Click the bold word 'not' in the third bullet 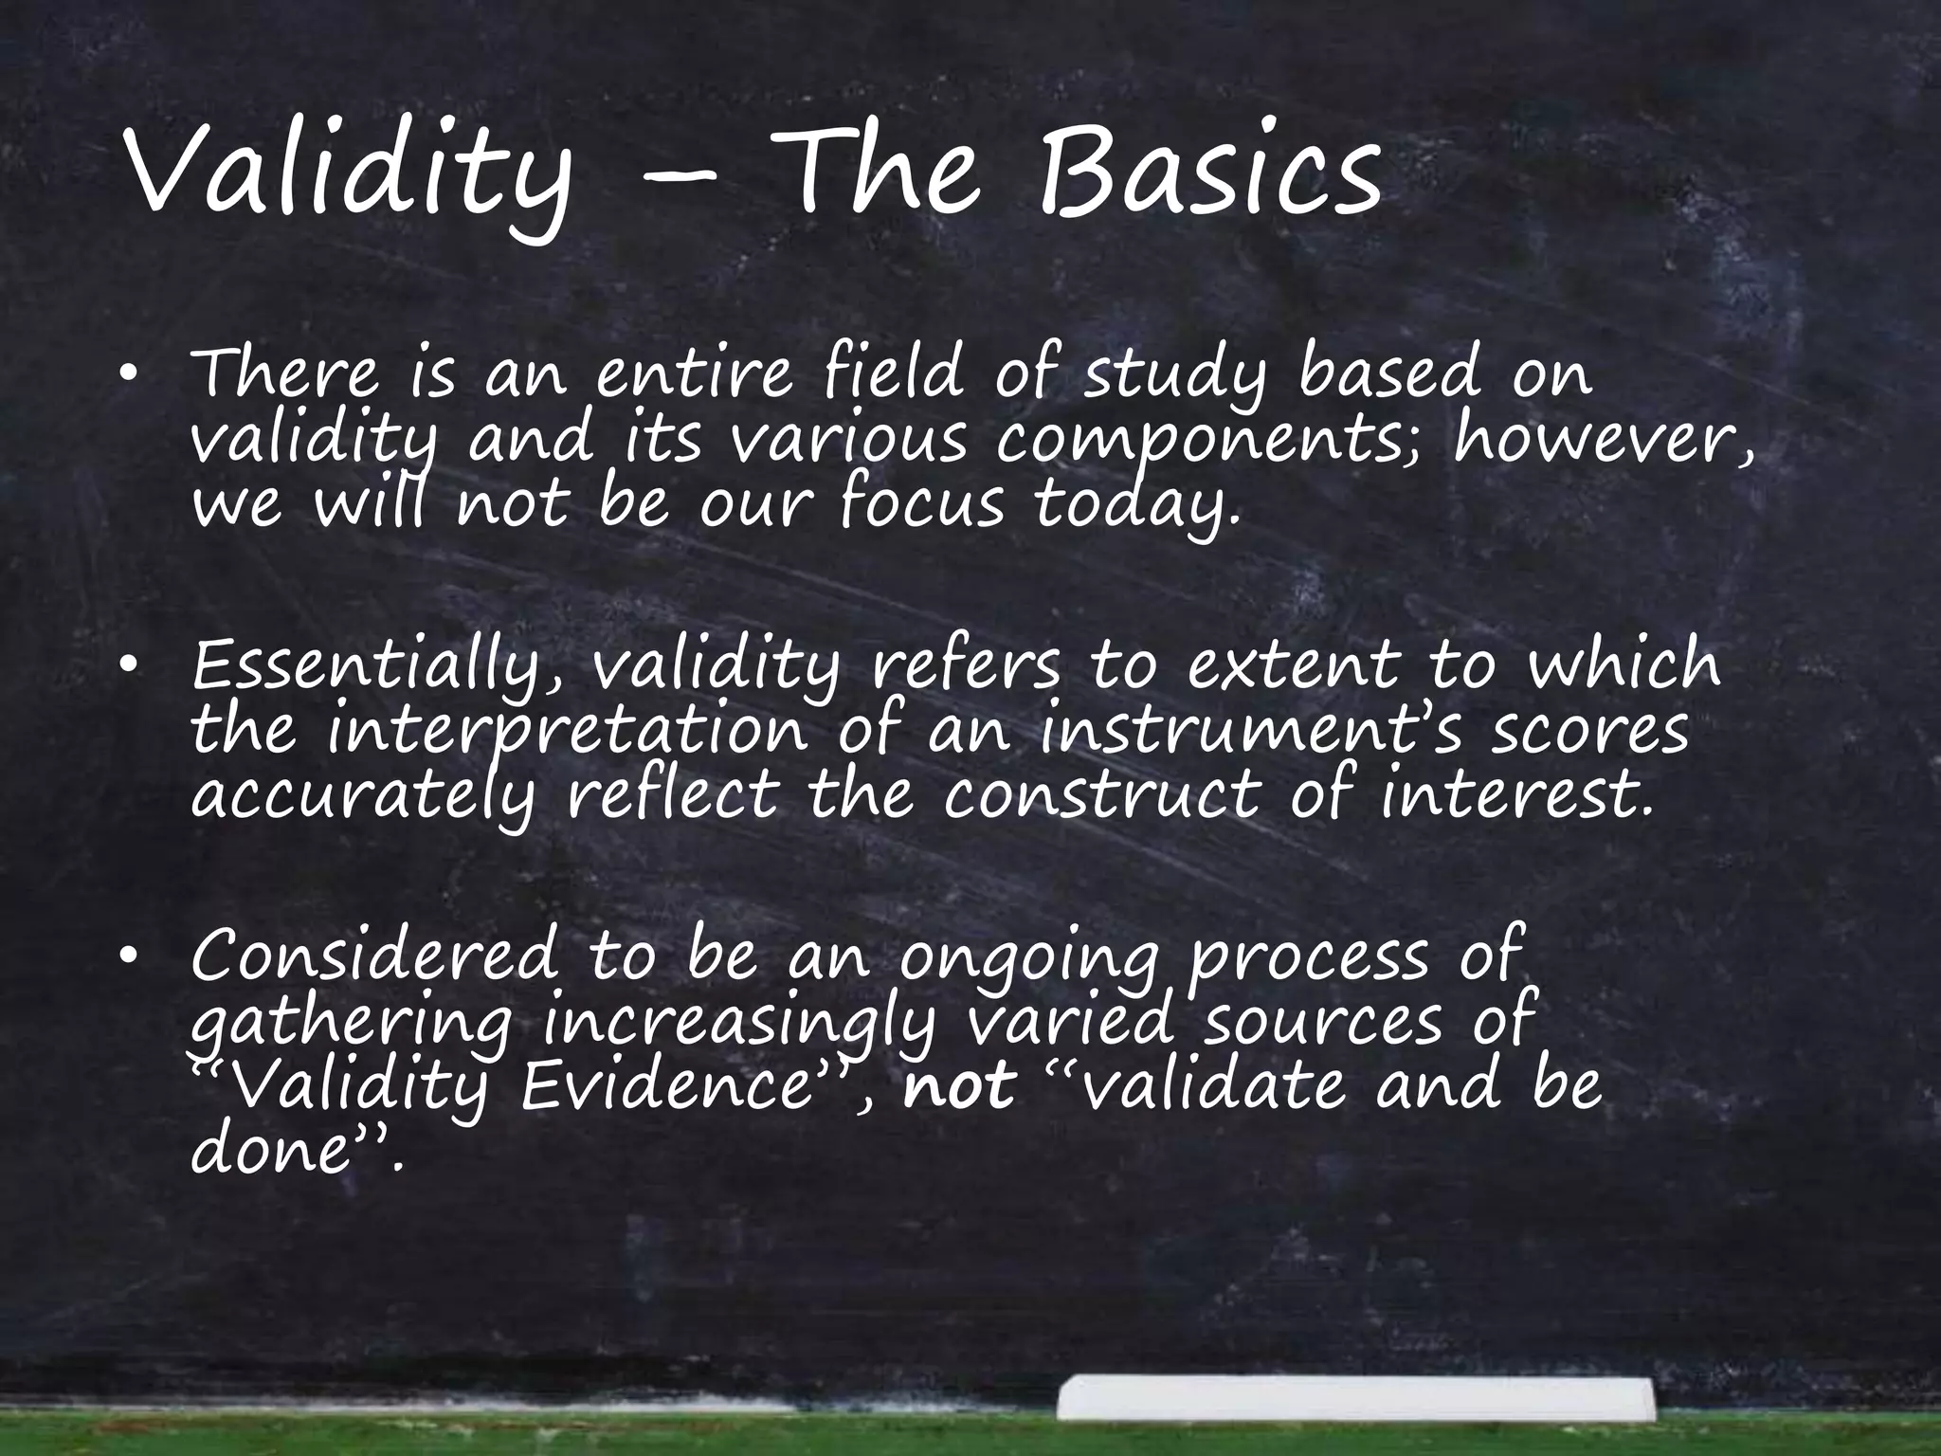click(x=959, y=1086)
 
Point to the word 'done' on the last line click(x=267, y=1150)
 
